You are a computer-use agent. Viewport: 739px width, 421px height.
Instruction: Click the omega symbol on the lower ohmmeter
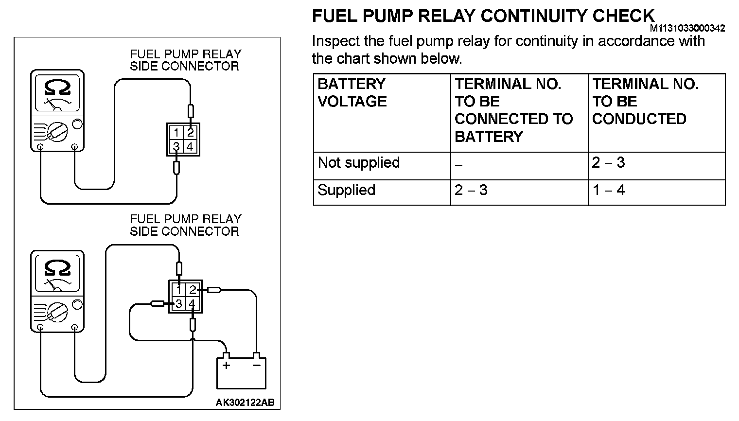(x=57, y=267)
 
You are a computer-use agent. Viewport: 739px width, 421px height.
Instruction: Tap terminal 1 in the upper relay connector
(x=176, y=133)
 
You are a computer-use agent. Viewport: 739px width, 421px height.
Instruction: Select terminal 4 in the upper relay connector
(x=190, y=146)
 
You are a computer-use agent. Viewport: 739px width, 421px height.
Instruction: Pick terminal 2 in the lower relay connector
(x=193, y=290)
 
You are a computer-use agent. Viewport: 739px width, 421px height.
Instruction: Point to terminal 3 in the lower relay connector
(x=179, y=304)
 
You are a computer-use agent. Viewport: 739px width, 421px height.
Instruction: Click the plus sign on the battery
(x=226, y=366)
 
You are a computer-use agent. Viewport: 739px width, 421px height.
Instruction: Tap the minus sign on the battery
(x=256, y=366)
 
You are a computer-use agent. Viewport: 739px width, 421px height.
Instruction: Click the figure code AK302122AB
(x=245, y=403)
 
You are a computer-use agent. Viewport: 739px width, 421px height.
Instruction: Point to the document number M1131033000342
(x=687, y=29)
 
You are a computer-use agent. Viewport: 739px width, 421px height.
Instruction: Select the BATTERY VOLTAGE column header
(x=352, y=92)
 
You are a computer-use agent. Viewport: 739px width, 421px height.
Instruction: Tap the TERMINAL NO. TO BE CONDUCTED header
(x=645, y=101)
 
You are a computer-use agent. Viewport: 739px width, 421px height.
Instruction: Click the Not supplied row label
(x=358, y=162)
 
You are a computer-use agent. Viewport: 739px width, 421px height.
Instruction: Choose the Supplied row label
(x=346, y=190)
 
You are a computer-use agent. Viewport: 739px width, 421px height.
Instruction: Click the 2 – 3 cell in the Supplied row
(x=471, y=190)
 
